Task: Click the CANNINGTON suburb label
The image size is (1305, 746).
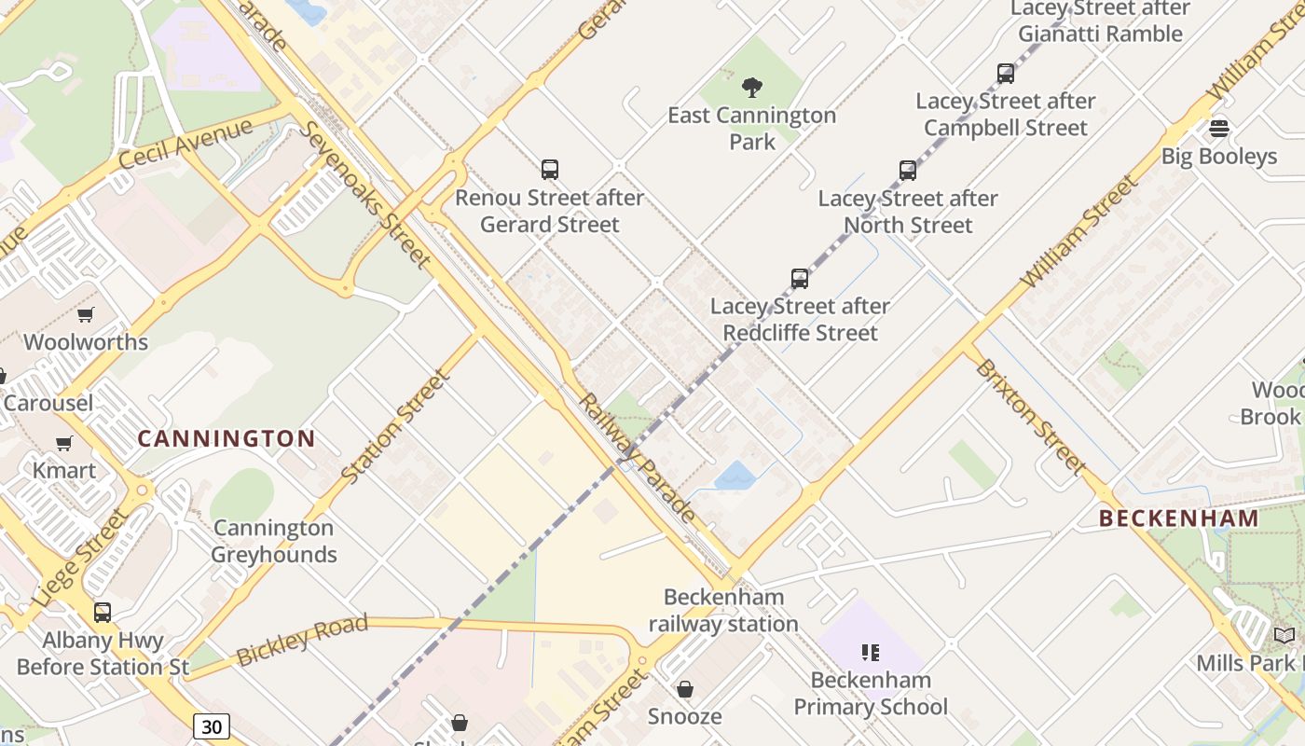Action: [227, 438]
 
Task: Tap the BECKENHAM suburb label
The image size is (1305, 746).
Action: [1178, 518]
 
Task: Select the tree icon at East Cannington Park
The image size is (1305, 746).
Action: [752, 89]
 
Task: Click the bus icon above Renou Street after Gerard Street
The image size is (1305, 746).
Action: [550, 170]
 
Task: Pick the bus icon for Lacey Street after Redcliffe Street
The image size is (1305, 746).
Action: [800, 278]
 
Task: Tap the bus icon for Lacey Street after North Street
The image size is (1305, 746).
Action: [908, 170]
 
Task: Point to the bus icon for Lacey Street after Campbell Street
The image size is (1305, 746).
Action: [1005, 74]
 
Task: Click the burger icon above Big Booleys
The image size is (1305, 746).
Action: [1218, 128]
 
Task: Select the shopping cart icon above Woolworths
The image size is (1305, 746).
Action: [86, 315]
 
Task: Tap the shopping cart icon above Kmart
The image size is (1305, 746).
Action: [64, 443]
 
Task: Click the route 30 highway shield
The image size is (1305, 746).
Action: [212, 725]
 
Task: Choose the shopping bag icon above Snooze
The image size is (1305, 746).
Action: [685, 689]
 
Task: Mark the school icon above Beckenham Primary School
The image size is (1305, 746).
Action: [871, 653]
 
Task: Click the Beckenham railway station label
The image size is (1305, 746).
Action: [723, 611]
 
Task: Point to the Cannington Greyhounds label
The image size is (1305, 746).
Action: [273, 541]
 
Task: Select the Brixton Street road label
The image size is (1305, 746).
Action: [1030, 415]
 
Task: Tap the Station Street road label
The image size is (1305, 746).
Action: [396, 427]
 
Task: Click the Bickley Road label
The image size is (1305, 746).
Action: [302, 640]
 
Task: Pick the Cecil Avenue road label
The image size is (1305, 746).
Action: [185, 145]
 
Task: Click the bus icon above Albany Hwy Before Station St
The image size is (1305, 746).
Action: [103, 613]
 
